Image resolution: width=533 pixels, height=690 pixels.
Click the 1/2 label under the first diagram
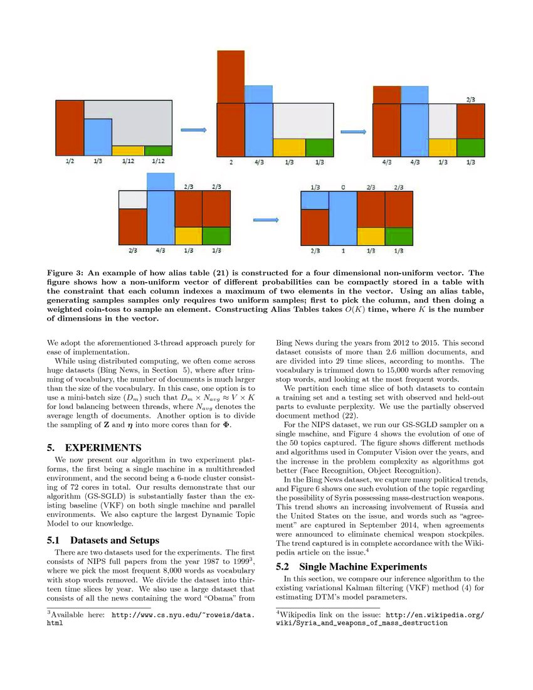click(x=69, y=162)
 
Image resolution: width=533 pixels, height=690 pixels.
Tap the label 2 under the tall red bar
click(x=231, y=162)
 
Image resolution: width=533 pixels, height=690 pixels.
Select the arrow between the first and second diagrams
click(x=191, y=130)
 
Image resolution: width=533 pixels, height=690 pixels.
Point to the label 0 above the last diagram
click(x=343, y=187)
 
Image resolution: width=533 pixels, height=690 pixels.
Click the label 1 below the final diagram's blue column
click(x=343, y=251)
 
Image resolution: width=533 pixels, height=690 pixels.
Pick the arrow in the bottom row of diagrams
click(x=265, y=220)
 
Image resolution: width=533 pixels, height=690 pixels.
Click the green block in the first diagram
click(x=158, y=151)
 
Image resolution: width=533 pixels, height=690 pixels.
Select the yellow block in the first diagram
click(x=128, y=151)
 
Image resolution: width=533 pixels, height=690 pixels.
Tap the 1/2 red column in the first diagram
click(x=69, y=128)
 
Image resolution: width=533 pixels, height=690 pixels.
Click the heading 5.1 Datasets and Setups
click(x=103, y=539)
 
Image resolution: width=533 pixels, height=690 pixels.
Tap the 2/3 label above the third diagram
click(x=470, y=99)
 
